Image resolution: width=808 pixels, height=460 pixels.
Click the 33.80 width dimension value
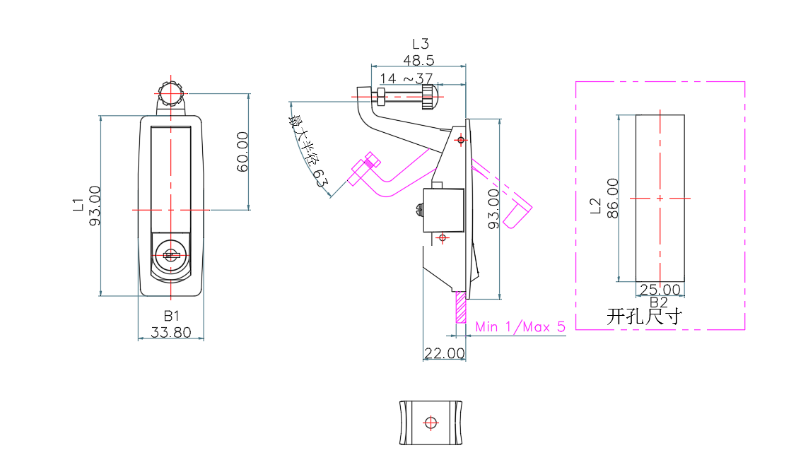pos(170,331)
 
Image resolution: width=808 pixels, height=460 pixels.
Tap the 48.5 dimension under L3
pos(418,60)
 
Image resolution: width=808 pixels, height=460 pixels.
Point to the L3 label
pos(421,45)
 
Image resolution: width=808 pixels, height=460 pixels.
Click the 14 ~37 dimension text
pos(406,78)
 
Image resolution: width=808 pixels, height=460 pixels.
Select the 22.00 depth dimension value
pos(444,353)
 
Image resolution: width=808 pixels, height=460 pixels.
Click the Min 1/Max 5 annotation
pos(521,326)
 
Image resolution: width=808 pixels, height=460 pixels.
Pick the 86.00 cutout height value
pos(613,199)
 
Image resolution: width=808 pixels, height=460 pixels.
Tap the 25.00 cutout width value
pos(660,290)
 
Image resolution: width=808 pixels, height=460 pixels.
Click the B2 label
pos(658,302)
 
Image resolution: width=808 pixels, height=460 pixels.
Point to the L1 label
pos(78,206)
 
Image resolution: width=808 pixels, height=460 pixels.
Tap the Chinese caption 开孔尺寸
pos(644,316)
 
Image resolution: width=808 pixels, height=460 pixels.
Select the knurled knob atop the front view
pos(170,95)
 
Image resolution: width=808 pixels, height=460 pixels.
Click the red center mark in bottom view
pos(430,423)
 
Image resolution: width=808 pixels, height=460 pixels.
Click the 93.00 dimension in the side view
pos(493,208)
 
